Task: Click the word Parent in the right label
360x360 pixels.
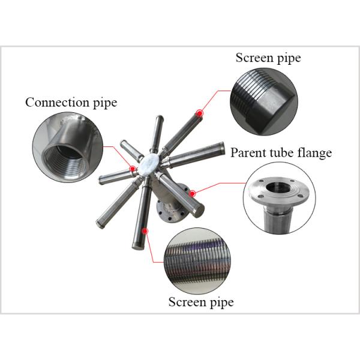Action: (x=248, y=153)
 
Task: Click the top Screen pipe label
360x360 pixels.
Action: (x=268, y=58)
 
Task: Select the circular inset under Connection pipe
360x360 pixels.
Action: (x=67, y=147)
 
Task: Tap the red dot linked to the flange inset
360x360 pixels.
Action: (x=193, y=193)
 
